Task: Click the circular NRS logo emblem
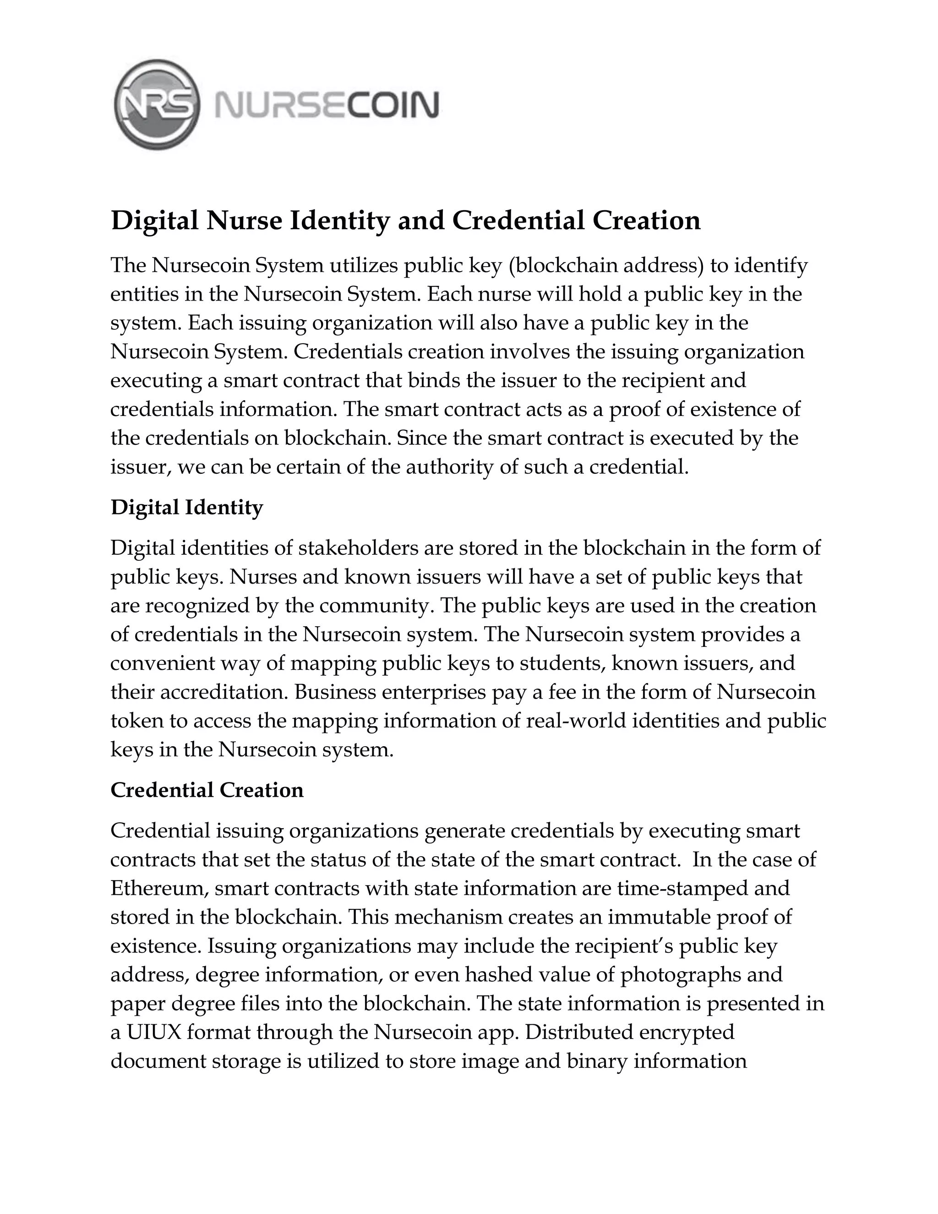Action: (x=157, y=104)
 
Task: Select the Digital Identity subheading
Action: (x=187, y=508)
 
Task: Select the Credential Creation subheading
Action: (x=207, y=790)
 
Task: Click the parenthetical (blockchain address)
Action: (x=607, y=266)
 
